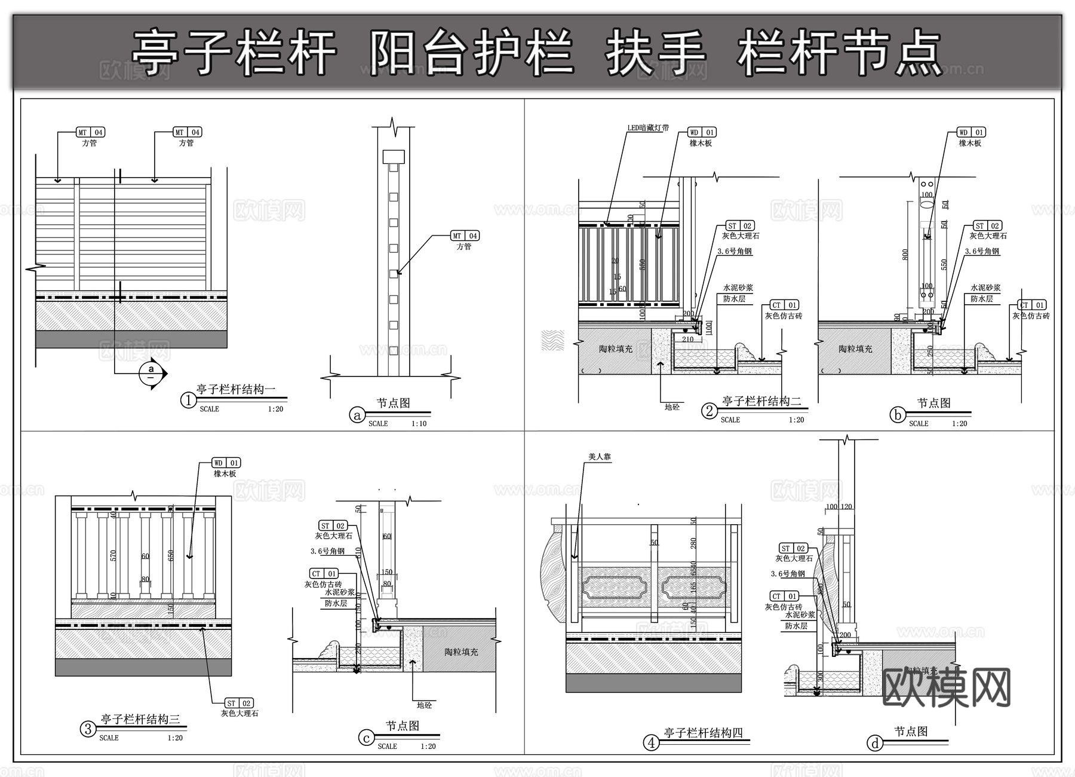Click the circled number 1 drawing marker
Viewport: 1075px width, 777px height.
(x=188, y=400)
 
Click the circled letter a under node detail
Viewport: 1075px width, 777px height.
(x=357, y=415)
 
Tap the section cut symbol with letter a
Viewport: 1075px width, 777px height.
(x=151, y=374)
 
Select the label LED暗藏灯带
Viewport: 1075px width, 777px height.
(x=648, y=128)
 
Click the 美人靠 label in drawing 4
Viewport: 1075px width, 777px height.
(x=600, y=457)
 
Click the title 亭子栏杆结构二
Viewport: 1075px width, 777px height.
(x=761, y=401)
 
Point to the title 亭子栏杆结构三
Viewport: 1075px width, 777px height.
(x=140, y=720)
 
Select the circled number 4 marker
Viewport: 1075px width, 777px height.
(x=651, y=743)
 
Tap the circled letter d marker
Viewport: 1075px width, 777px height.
(x=875, y=743)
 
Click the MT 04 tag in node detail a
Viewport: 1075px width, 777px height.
(x=465, y=235)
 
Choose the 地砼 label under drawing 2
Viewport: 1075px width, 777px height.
(x=672, y=407)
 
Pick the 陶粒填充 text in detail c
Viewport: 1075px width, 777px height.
(x=460, y=652)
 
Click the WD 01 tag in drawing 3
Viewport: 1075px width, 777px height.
(x=226, y=463)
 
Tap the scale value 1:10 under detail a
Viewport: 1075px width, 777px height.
(x=419, y=424)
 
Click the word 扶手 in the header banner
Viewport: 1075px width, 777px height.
(x=656, y=53)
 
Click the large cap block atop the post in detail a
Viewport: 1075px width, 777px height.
(x=394, y=157)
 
